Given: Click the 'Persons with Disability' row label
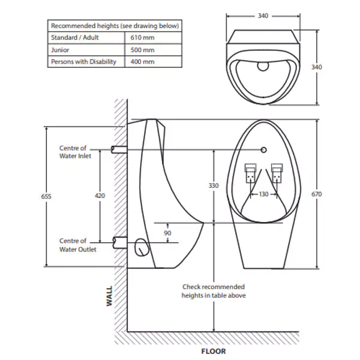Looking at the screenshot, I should (83, 62).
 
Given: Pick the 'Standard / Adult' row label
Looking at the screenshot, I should (74, 38).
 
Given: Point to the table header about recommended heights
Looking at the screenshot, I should (115, 26).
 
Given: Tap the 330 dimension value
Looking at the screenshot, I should (214, 186).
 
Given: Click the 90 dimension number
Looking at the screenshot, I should (167, 233).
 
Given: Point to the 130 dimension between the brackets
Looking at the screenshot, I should (264, 194).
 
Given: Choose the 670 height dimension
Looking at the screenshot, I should (317, 194).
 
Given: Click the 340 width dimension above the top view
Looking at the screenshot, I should (263, 16).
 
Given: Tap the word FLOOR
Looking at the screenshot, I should (214, 351).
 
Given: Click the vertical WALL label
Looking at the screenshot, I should (109, 296).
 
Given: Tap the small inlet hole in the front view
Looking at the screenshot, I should (263, 148).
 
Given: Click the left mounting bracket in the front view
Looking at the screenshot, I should (249, 173).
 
